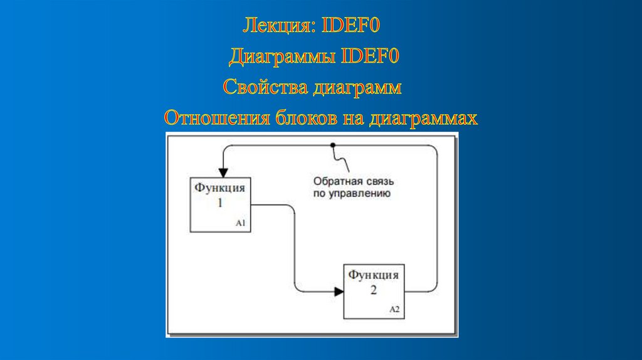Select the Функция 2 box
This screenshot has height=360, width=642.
point(374,291)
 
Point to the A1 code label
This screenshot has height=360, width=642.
point(241,223)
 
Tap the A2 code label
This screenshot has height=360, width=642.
point(394,309)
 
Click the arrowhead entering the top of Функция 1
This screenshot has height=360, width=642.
point(221,172)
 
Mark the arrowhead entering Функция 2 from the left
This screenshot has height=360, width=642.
point(339,291)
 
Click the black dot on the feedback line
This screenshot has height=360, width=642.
point(332,145)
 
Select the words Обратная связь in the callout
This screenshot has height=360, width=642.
point(353,182)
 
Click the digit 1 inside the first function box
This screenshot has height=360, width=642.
point(220,203)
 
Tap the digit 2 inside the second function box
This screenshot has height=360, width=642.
point(374,290)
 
